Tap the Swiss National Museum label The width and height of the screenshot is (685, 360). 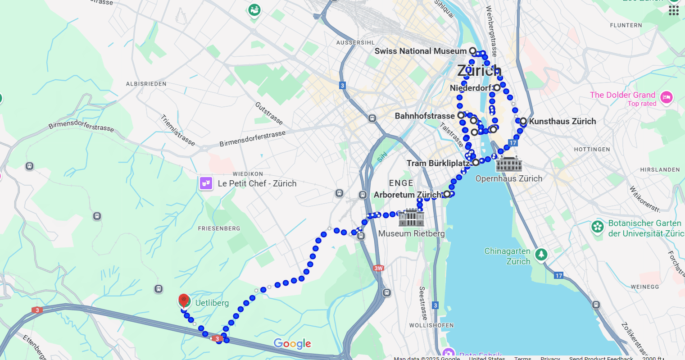click(420, 51)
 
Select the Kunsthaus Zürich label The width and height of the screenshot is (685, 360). click(562, 121)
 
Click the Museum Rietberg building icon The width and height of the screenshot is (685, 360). click(411, 218)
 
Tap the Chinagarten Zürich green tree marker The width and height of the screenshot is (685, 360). click(541, 255)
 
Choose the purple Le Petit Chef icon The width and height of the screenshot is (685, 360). click(206, 183)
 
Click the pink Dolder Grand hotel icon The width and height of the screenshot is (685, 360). click(667, 97)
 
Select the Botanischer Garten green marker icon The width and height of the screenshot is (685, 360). click(598, 227)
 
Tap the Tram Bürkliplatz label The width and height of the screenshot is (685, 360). click(438, 163)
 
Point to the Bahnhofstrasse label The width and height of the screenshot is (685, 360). click(425, 116)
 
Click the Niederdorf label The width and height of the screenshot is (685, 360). click(471, 88)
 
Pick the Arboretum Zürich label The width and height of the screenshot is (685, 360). click(408, 195)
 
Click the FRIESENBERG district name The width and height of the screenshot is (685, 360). click(219, 228)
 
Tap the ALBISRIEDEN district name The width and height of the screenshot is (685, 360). click(146, 84)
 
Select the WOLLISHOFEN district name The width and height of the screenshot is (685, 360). click(431, 325)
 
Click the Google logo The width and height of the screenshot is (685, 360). click(293, 344)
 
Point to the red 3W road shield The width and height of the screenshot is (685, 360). click(378, 269)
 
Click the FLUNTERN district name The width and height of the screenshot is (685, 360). click(626, 25)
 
